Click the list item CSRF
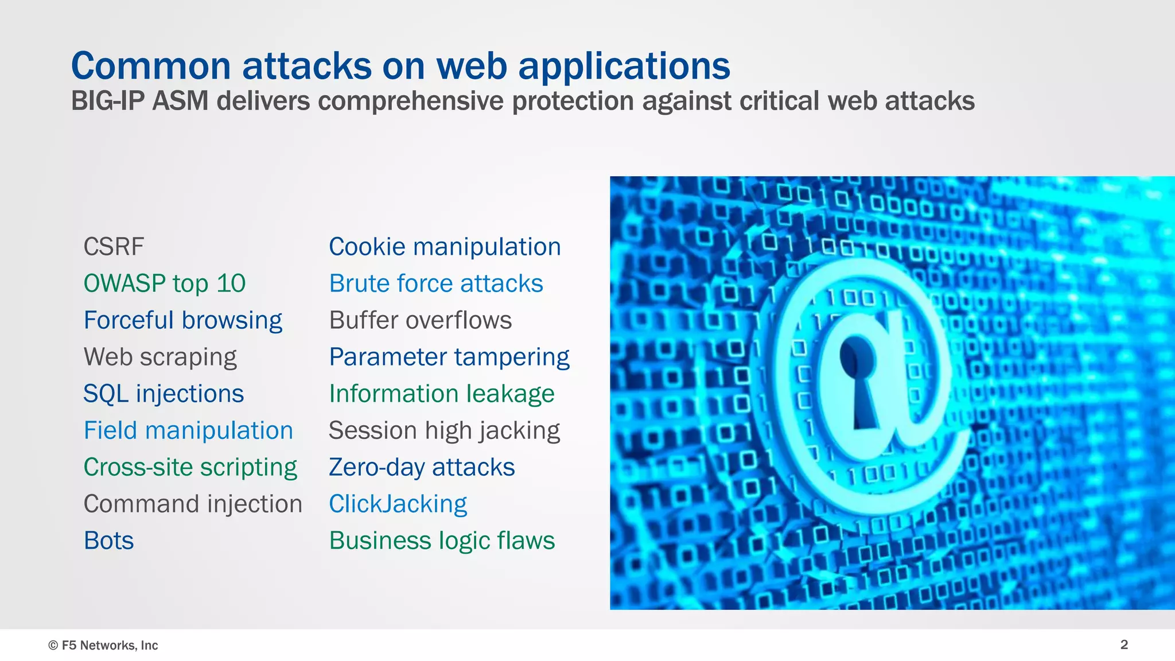(114, 247)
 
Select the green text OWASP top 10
(165, 283)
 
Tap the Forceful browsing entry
(183, 320)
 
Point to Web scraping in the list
(160, 357)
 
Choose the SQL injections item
(164, 394)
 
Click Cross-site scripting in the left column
(190, 467)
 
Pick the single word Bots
(108, 541)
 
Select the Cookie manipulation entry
(445, 247)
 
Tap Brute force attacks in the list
(436, 283)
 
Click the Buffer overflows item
(421, 320)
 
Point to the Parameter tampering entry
(449, 357)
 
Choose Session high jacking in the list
(444, 430)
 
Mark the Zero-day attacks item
(422, 467)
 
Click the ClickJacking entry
(398, 504)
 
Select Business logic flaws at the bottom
(442, 541)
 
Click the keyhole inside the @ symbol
(859, 379)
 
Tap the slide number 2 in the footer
(1124, 644)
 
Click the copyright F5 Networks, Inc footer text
(103, 645)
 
